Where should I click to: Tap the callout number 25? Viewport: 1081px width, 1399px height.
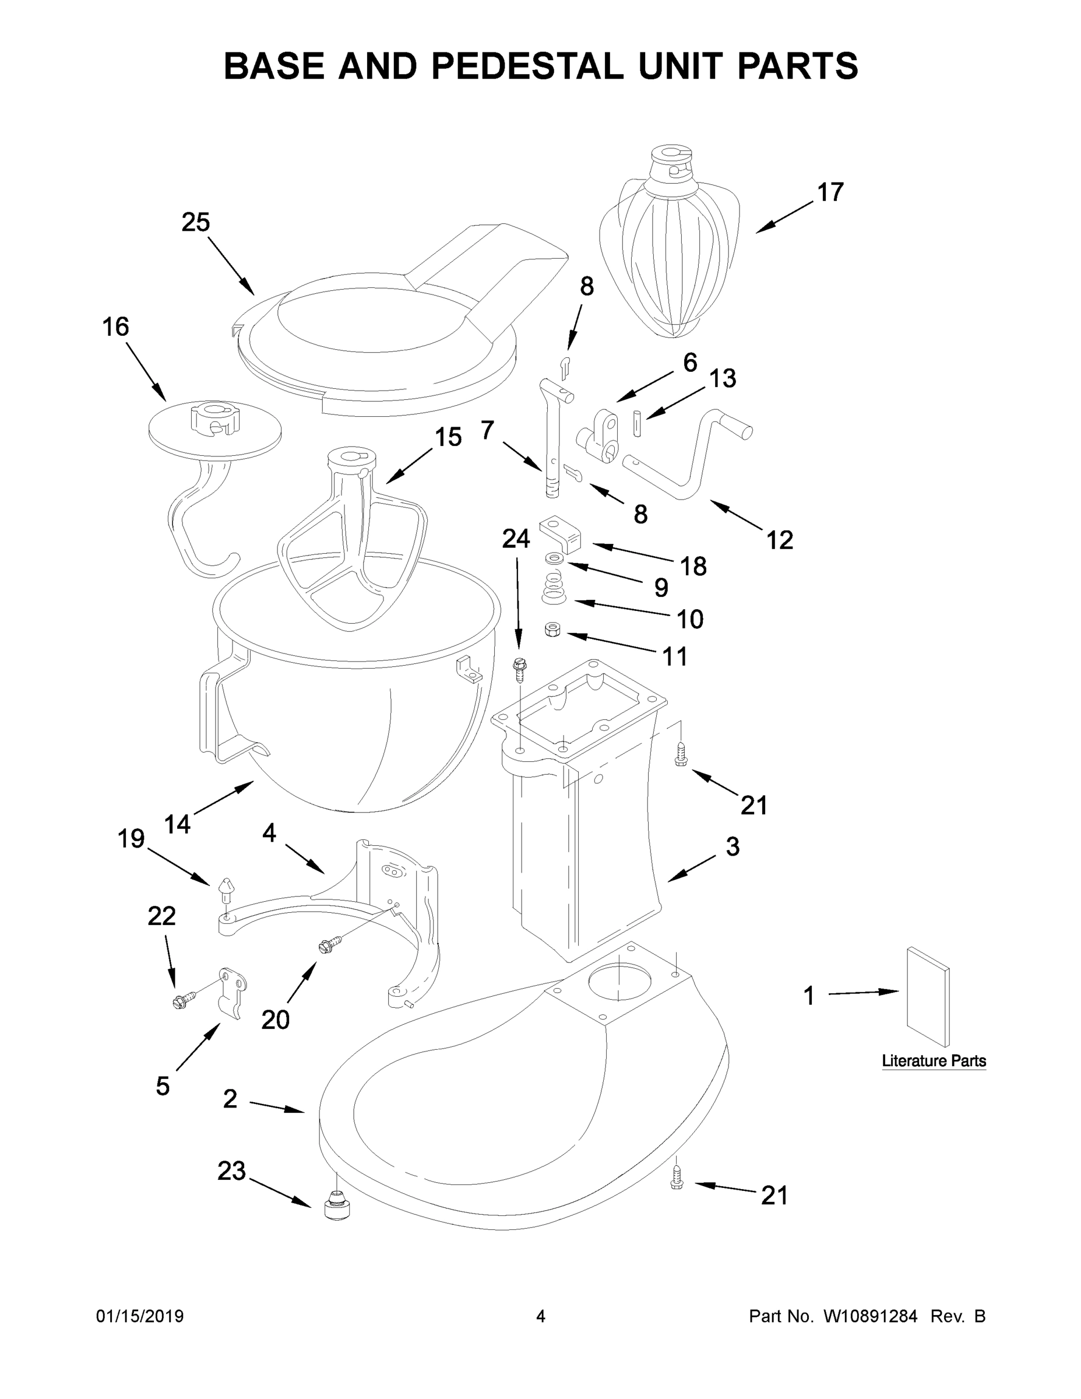pos(195,222)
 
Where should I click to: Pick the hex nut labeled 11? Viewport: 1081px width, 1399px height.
pos(552,631)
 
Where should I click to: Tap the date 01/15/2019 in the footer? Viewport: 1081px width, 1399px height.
pos(140,1316)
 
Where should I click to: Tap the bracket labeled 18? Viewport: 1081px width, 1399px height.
pos(561,533)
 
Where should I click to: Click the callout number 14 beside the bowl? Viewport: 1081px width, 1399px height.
pos(177,824)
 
